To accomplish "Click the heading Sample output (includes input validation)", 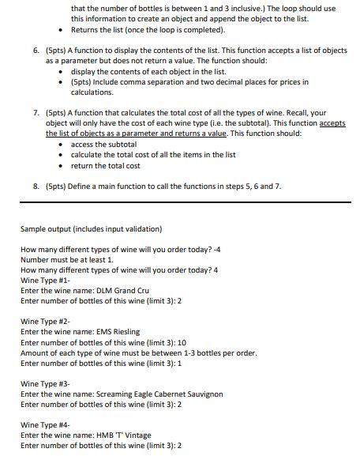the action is [x=91, y=229].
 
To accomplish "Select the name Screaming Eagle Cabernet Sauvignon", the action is [x=159, y=394].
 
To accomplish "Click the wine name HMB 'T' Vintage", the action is [x=123, y=435].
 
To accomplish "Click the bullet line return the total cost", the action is [x=105, y=165].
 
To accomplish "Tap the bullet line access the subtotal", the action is [x=98, y=145].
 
